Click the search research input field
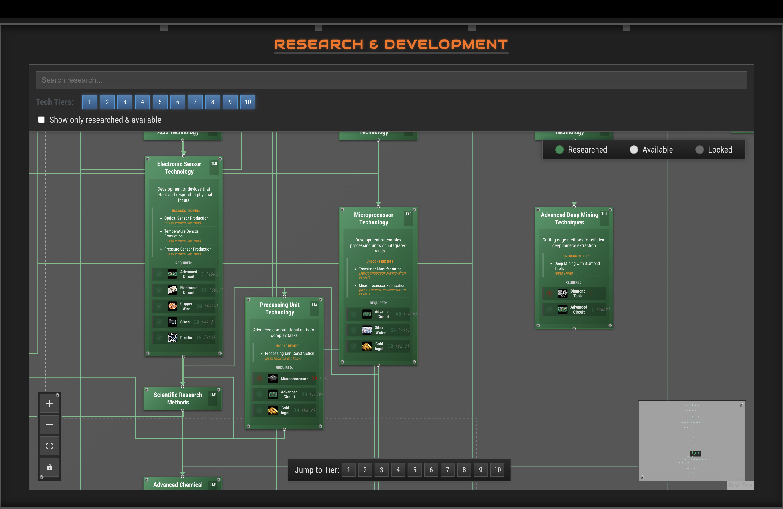tap(391, 80)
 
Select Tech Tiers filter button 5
tap(160, 102)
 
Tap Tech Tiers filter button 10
tap(248, 102)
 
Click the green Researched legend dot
tap(559, 150)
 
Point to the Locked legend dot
tap(699, 150)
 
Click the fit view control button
tap(49, 446)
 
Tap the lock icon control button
tap(49, 467)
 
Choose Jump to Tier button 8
tap(464, 470)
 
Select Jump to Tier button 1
tap(348, 470)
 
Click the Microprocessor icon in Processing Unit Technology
tap(273, 379)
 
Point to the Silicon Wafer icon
tap(367, 330)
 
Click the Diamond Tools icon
tap(562, 293)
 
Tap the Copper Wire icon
tap(172, 306)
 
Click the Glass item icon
tap(172, 322)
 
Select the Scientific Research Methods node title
tap(178, 398)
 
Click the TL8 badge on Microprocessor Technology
tap(408, 214)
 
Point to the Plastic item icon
tap(172, 337)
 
